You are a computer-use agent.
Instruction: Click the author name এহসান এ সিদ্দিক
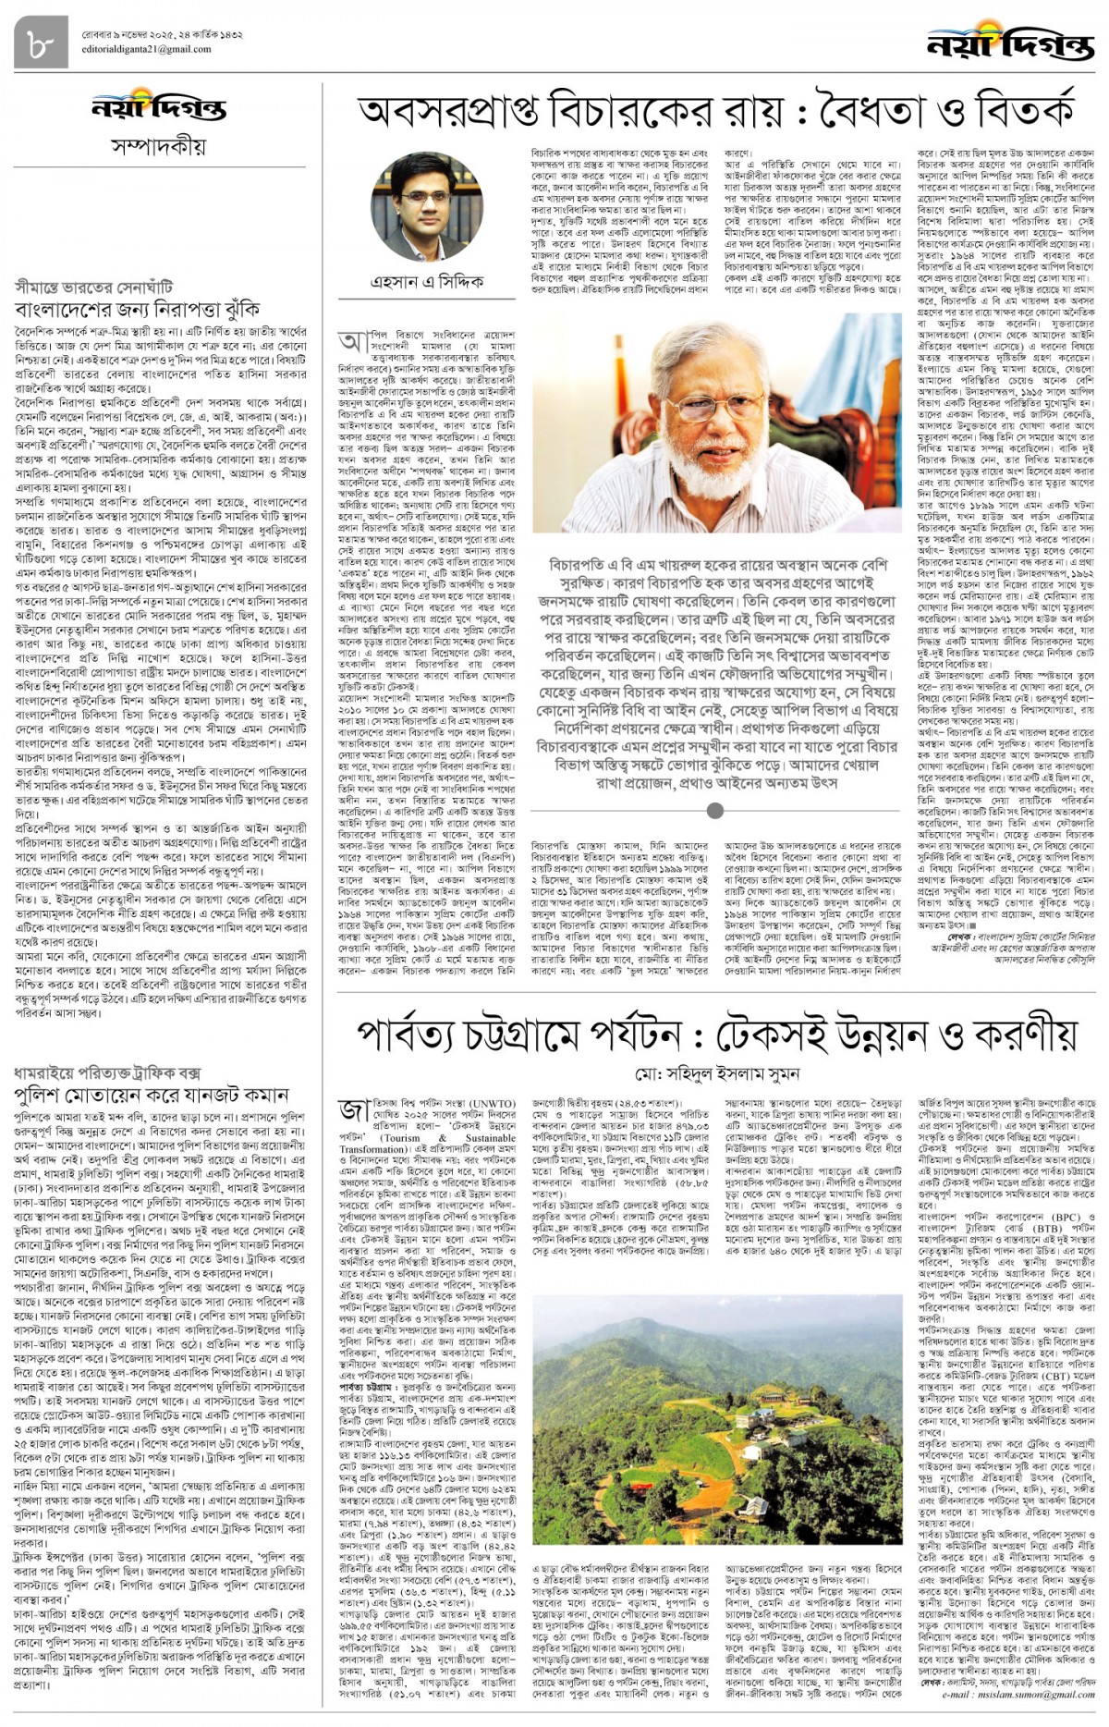tap(427, 281)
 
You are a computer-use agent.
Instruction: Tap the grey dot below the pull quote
tap(714, 811)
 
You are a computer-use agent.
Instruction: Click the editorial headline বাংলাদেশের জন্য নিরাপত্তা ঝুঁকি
tap(137, 309)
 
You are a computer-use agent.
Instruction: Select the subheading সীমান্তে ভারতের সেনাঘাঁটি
tap(93, 287)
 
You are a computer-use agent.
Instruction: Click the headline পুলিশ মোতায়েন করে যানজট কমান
tap(152, 1096)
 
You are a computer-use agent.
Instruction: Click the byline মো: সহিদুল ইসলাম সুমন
tap(716, 1074)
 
